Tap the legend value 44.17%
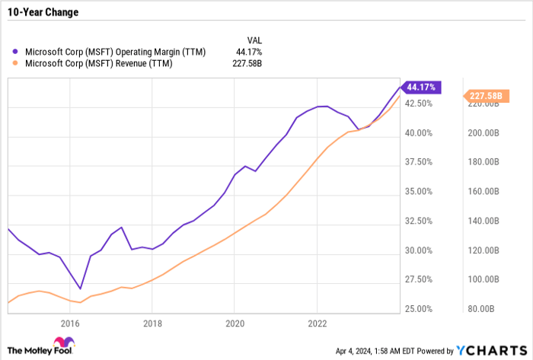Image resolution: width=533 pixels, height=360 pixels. point(247,52)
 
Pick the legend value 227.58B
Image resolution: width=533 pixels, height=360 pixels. point(246,64)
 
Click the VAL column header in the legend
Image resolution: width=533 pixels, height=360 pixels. point(255,39)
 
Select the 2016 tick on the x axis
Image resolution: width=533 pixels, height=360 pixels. point(70,323)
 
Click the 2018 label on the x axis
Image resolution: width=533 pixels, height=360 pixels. point(152,323)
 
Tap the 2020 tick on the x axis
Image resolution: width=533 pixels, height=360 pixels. point(235,323)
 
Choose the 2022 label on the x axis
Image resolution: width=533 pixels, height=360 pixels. point(317,323)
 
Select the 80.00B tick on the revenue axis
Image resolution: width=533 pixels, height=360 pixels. point(484,309)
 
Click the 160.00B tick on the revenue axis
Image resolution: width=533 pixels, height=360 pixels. point(484,191)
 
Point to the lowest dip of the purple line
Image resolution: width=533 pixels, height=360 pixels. point(80,289)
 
